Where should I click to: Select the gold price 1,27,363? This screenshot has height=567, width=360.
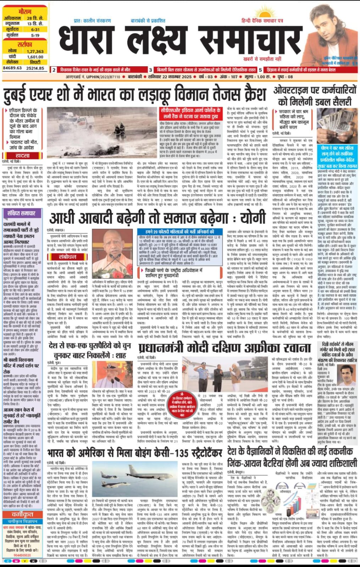(x=35, y=51)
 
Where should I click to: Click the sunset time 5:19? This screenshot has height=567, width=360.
(x=35, y=35)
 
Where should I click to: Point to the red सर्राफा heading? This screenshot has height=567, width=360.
(x=24, y=45)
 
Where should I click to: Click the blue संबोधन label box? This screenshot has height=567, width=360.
(x=67, y=257)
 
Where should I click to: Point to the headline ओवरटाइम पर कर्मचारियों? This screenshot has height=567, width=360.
(x=315, y=90)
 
